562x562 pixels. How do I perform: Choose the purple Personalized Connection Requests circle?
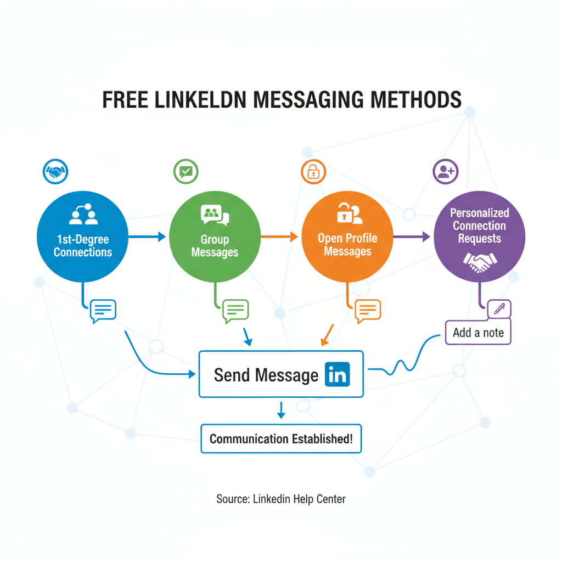(479, 237)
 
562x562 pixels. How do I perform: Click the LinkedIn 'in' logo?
(337, 374)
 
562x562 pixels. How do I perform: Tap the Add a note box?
(478, 333)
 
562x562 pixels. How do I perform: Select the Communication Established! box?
(281, 439)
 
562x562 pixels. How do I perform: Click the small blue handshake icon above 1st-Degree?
(54, 172)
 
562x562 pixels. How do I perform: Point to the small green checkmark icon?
(186, 171)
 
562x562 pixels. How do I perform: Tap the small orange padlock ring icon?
(313, 172)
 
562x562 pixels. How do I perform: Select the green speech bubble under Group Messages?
(235, 311)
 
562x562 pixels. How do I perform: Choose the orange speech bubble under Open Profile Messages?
(368, 311)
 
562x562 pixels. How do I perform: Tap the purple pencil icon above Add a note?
(499, 308)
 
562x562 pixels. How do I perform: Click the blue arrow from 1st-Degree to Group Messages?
(147, 237)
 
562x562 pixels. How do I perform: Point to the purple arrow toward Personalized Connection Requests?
(412, 237)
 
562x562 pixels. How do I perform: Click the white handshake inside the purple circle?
(479, 262)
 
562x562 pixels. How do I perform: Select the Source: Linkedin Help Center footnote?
(281, 499)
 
